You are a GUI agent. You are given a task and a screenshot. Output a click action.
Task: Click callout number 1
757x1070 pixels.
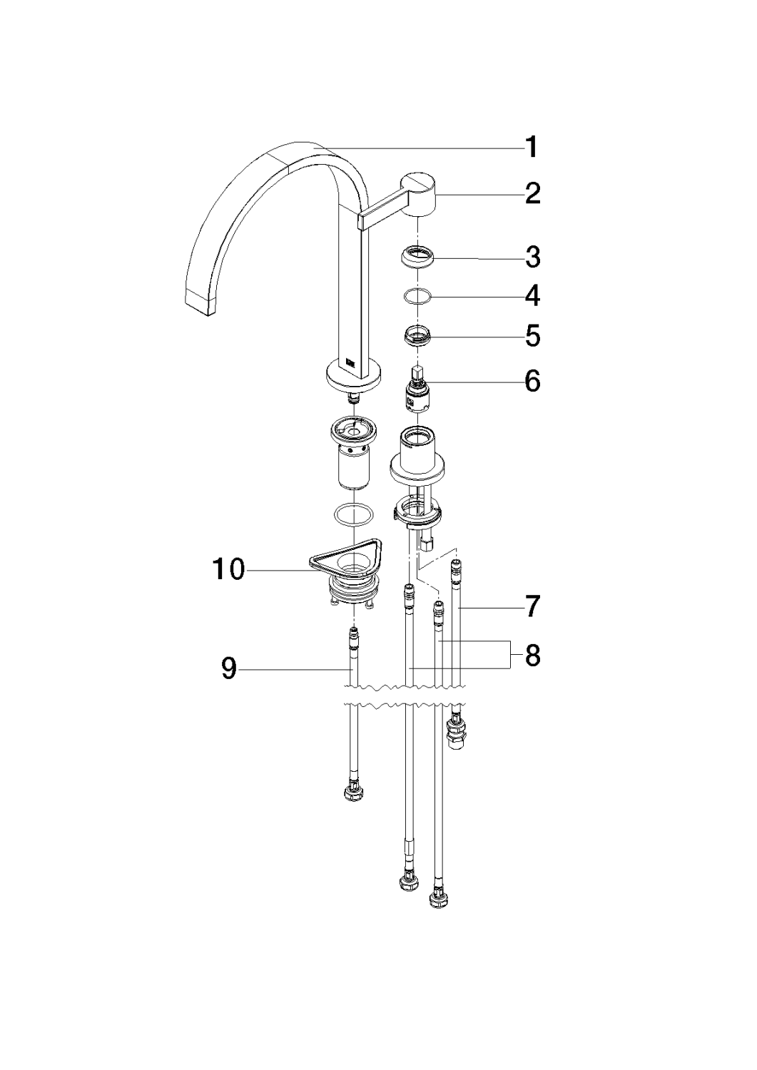pyautogui.click(x=532, y=148)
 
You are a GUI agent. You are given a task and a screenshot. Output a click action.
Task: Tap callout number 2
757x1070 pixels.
pyautogui.click(x=532, y=193)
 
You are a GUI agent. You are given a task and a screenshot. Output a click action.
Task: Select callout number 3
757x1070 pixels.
pyautogui.click(x=532, y=258)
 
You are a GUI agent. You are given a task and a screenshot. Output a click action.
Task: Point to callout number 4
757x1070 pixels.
pyautogui.click(x=532, y=296)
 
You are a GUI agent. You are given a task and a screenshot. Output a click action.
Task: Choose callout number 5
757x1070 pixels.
pyautogui.click(x=532, y=337)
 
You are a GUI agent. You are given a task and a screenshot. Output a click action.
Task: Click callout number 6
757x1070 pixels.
pyautogui.click(x=532, y=382)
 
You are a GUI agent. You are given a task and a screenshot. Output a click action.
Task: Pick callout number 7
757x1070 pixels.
pyautogui.click(x=532, y=607)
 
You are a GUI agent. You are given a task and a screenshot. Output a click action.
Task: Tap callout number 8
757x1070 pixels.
pyautogui.click(x=532, y=654)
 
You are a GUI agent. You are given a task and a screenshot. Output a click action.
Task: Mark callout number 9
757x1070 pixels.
pyautogui.click(x=229, y=668)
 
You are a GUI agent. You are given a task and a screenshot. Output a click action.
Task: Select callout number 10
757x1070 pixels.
pyautogui.click(x=228, y=570)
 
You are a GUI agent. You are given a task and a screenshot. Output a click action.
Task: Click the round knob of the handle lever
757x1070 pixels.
pyautogui.click(x=421, y=192)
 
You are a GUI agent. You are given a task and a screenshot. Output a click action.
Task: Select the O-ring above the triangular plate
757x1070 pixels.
pyautogui.click(x=352, y=513)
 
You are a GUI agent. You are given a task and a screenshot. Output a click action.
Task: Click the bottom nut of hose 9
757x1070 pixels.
pyautogui.click(x=352, y=793)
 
